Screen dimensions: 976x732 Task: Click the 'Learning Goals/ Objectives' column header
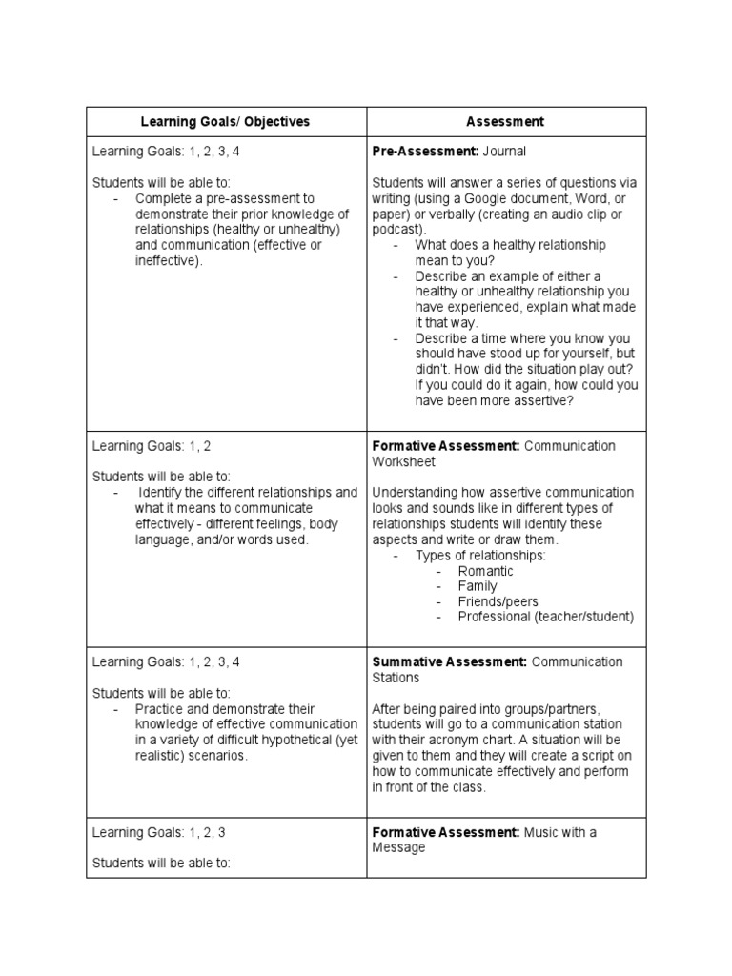tap(225, 122)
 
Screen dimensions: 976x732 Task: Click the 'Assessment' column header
tap(505, 122)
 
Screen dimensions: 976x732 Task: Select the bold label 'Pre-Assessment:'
tap(425, 152)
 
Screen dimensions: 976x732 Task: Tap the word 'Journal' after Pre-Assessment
tap(504, 152)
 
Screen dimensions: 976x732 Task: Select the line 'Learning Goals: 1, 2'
tap(151, 446)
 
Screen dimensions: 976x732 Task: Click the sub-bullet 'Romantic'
tap(485, 571)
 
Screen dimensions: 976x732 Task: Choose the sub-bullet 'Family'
tap(477, 586)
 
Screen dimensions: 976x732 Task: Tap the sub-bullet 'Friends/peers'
tap(498, 601)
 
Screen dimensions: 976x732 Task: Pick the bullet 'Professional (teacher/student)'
tap(545, 617)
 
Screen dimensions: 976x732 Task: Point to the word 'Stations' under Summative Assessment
tap(396, 678)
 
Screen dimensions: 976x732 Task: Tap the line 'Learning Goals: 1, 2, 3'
tap(158, 832)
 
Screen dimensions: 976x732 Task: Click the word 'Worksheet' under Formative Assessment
tap(403, 461)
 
